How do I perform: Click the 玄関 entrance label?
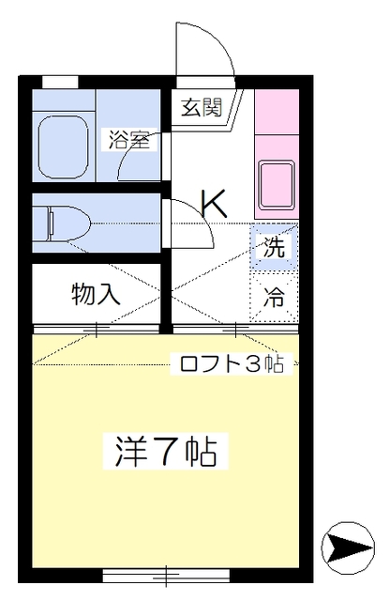(x=202, y=107)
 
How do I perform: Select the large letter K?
(x=215, y=202)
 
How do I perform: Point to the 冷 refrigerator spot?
(x=274, y=298)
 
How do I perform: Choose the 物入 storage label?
(x=97, y=294)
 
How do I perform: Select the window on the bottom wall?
(x=140, y=570)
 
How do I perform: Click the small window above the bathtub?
(x=60, y=82)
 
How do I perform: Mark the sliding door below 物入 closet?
(x=97, y=329)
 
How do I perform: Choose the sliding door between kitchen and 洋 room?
(x=234, y=329)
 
